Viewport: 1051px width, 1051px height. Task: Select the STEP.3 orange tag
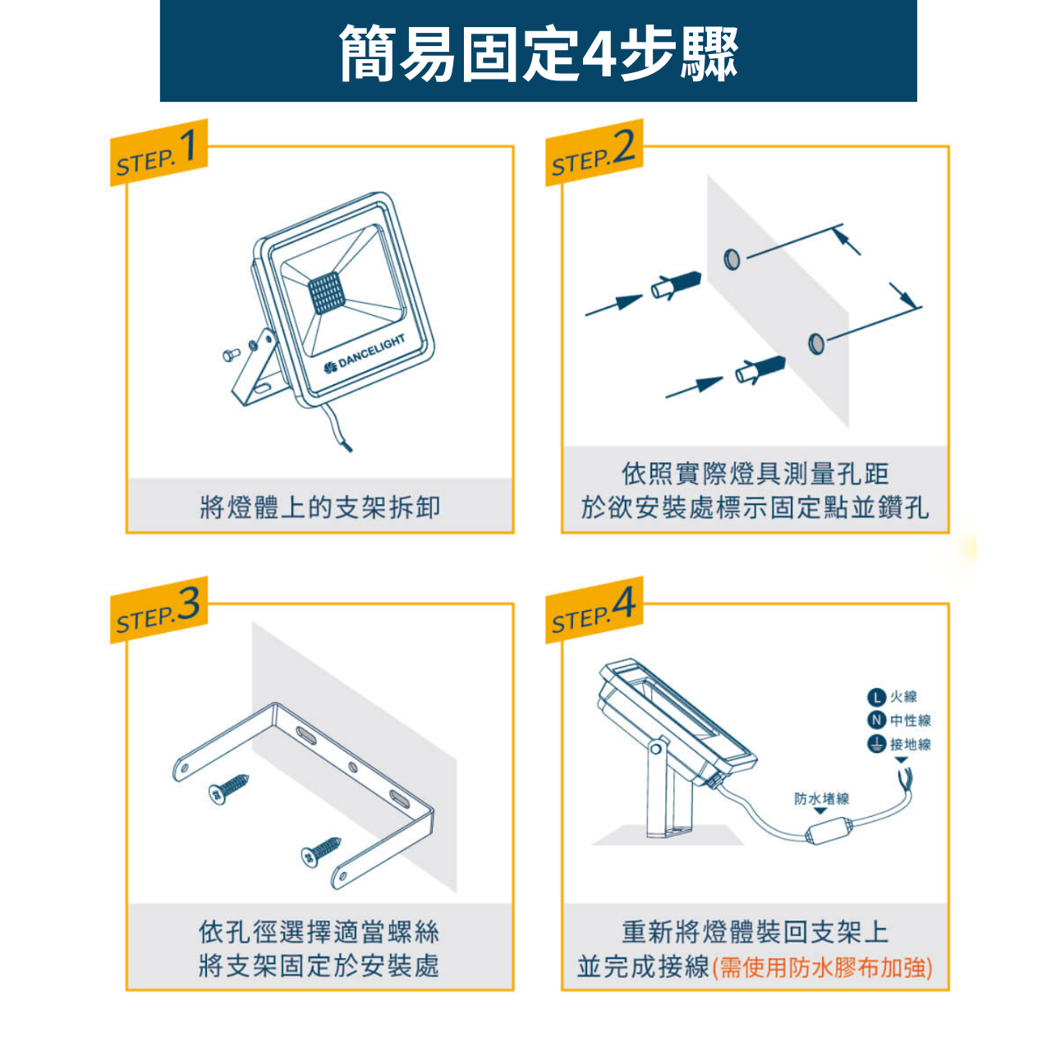[158, 610]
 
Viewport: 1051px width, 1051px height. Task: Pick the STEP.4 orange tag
[594, 610]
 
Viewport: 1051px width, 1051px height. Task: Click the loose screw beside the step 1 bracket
[231, 355]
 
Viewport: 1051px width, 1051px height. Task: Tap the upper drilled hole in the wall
[732, 259]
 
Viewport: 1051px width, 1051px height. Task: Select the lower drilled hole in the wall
[816, 343]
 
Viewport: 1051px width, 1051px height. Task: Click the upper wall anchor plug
[677, 285]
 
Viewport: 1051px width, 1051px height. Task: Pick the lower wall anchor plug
[760, 369]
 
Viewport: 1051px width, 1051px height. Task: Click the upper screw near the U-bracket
[229, 788]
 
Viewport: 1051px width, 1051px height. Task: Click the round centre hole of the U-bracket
[353, 768]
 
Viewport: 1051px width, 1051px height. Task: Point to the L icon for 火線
[875, 696]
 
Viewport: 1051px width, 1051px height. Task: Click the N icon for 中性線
[875, 720]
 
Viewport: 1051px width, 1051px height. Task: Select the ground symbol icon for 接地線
[875, 745]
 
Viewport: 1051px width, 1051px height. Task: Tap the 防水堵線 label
[821, 799]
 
